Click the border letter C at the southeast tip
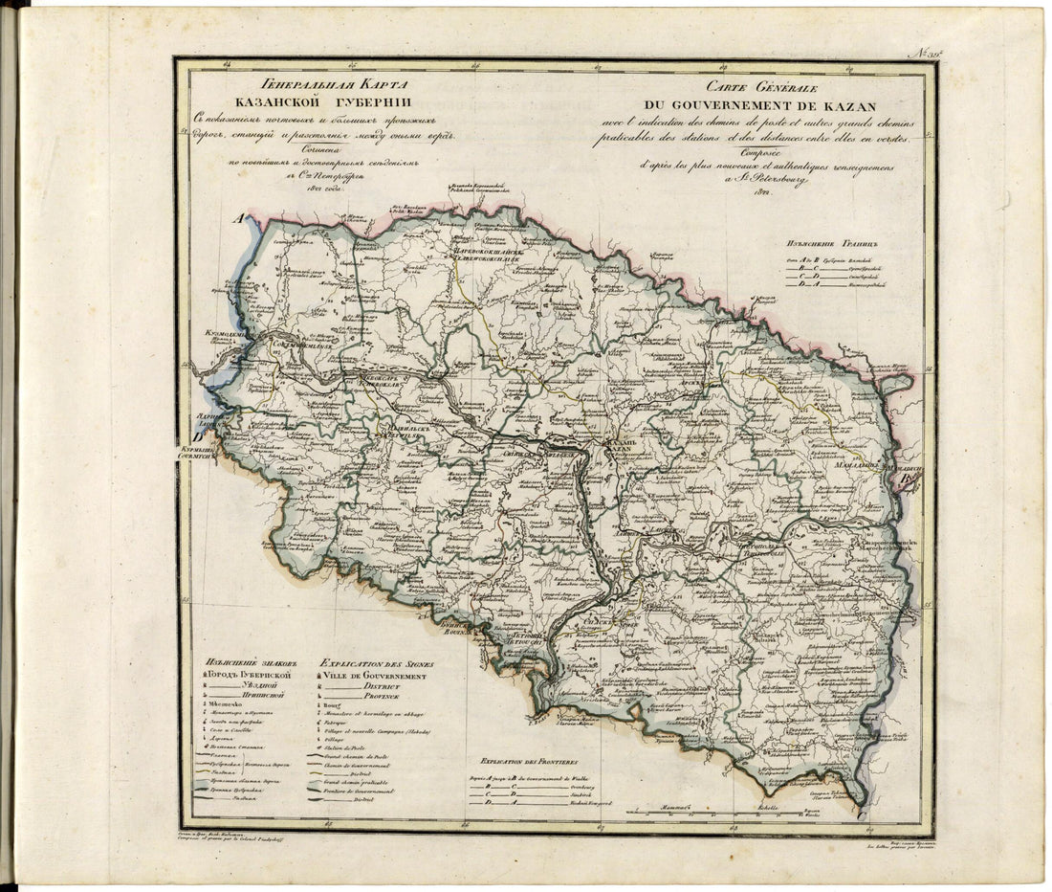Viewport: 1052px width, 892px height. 863,814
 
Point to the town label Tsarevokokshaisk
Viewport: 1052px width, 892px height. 485,255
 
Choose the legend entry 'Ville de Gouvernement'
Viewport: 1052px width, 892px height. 378,676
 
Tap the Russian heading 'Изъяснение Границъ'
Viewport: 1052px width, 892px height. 827,243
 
